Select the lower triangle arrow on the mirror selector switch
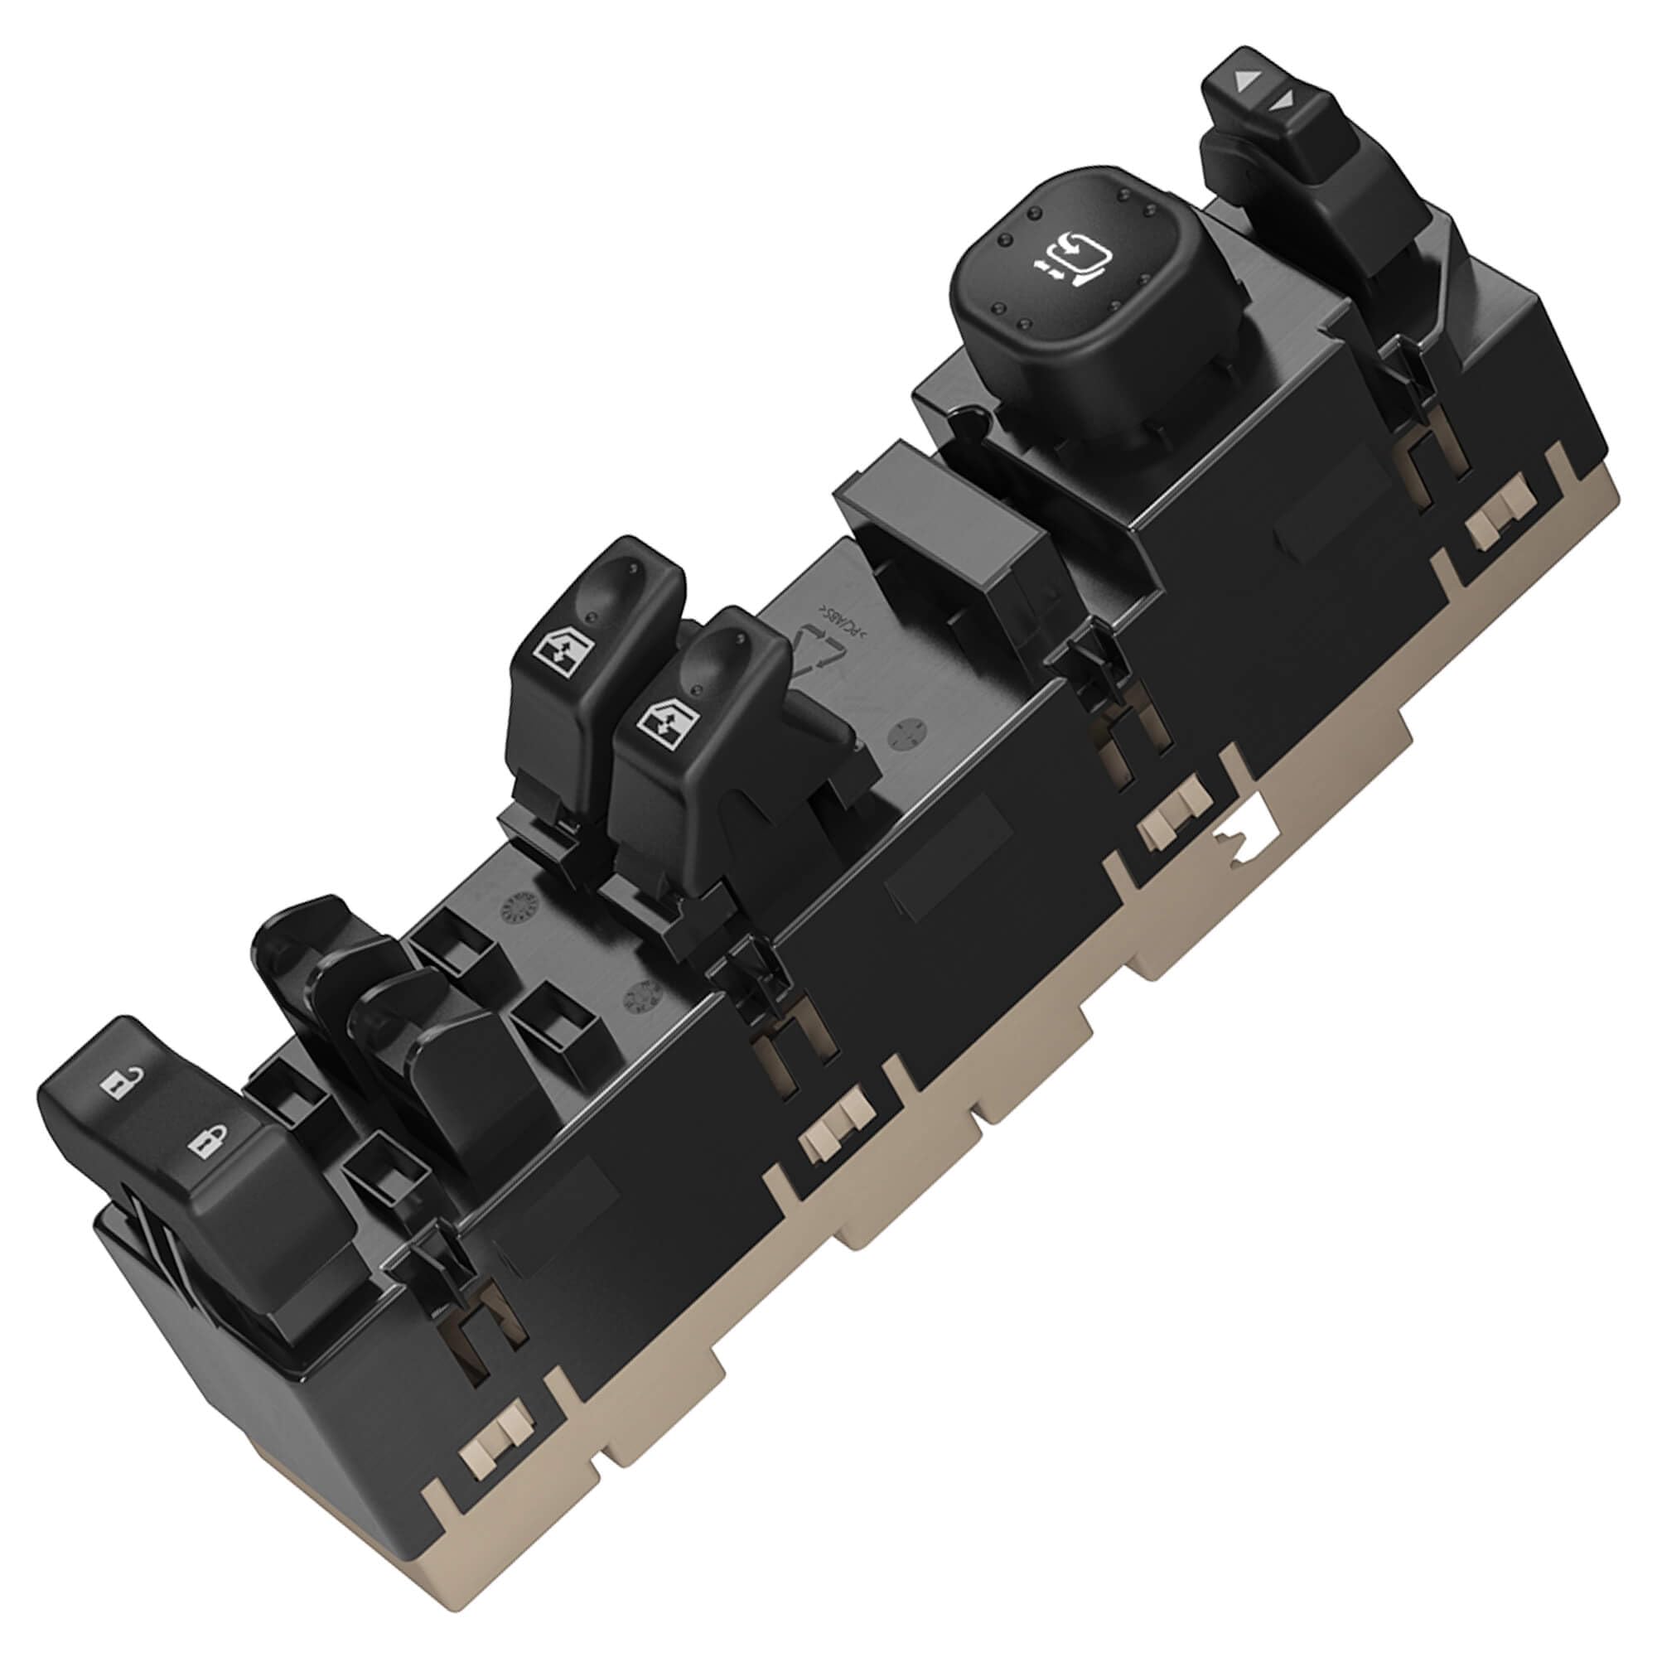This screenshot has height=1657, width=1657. (1284, 101)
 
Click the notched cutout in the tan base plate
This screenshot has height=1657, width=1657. (1245, 835)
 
